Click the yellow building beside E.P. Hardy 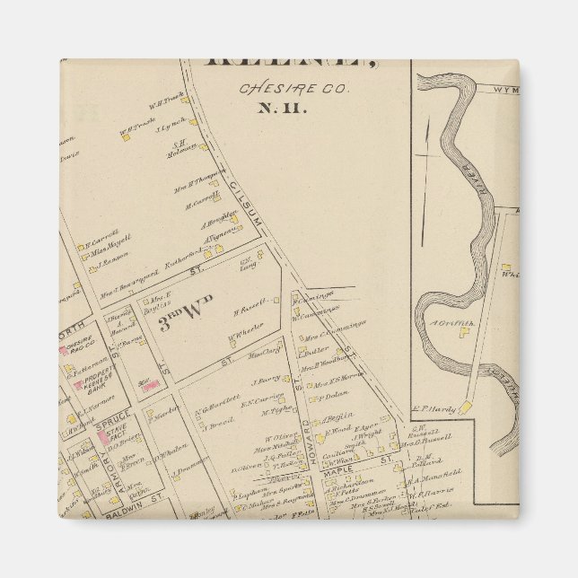click(x=466, y=409)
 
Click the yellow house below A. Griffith click(x=464, y=333)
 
